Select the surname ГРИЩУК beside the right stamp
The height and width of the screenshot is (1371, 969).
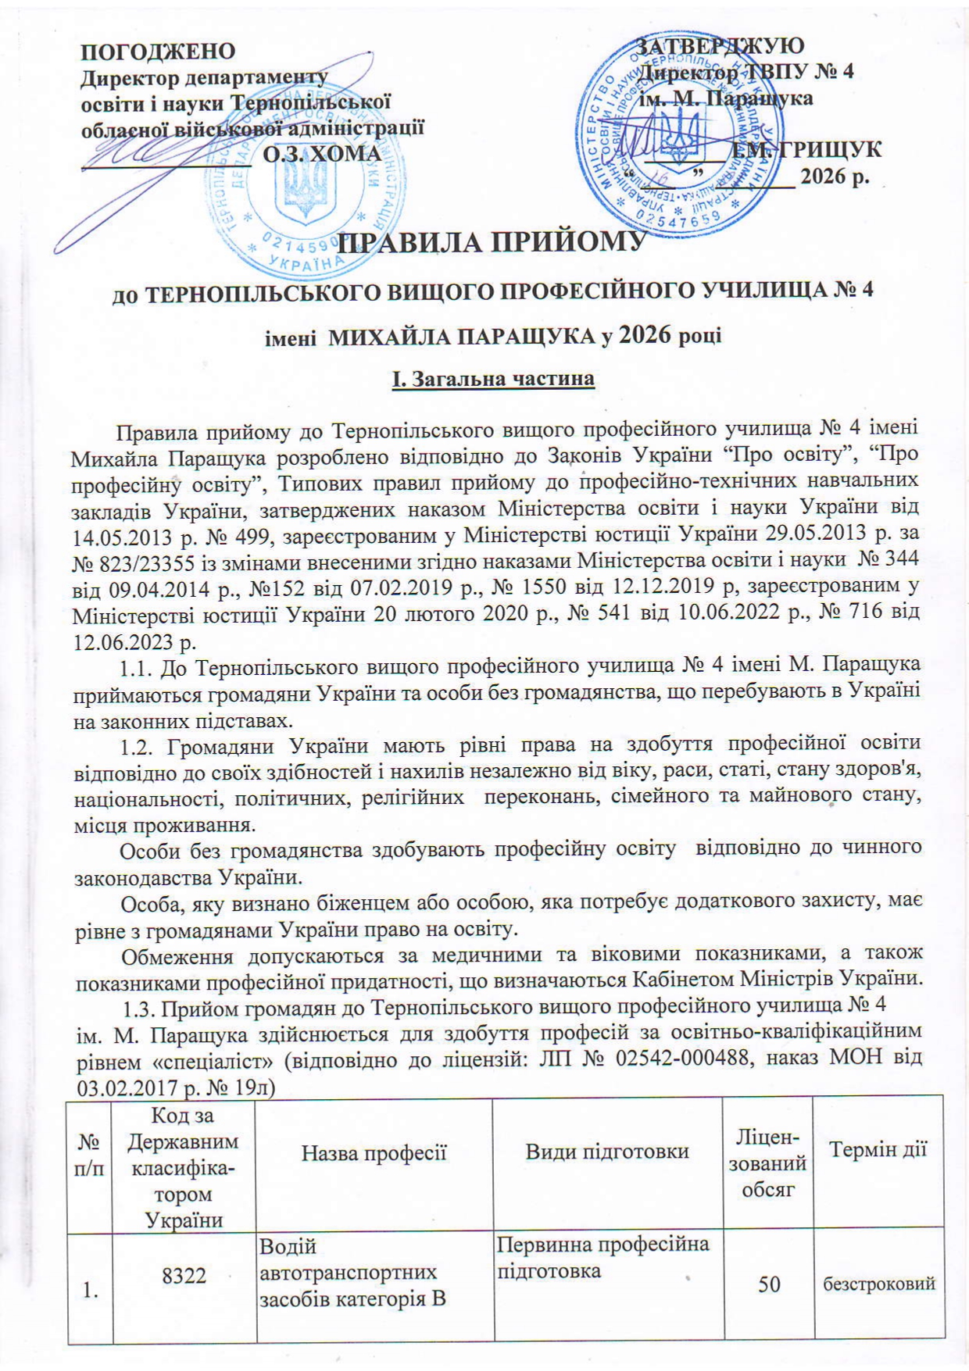(828, 149)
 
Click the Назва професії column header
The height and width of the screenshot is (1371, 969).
(374, 1150)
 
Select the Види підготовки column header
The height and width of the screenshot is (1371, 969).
(607, 1150)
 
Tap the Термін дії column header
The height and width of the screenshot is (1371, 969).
(878, 1150)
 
